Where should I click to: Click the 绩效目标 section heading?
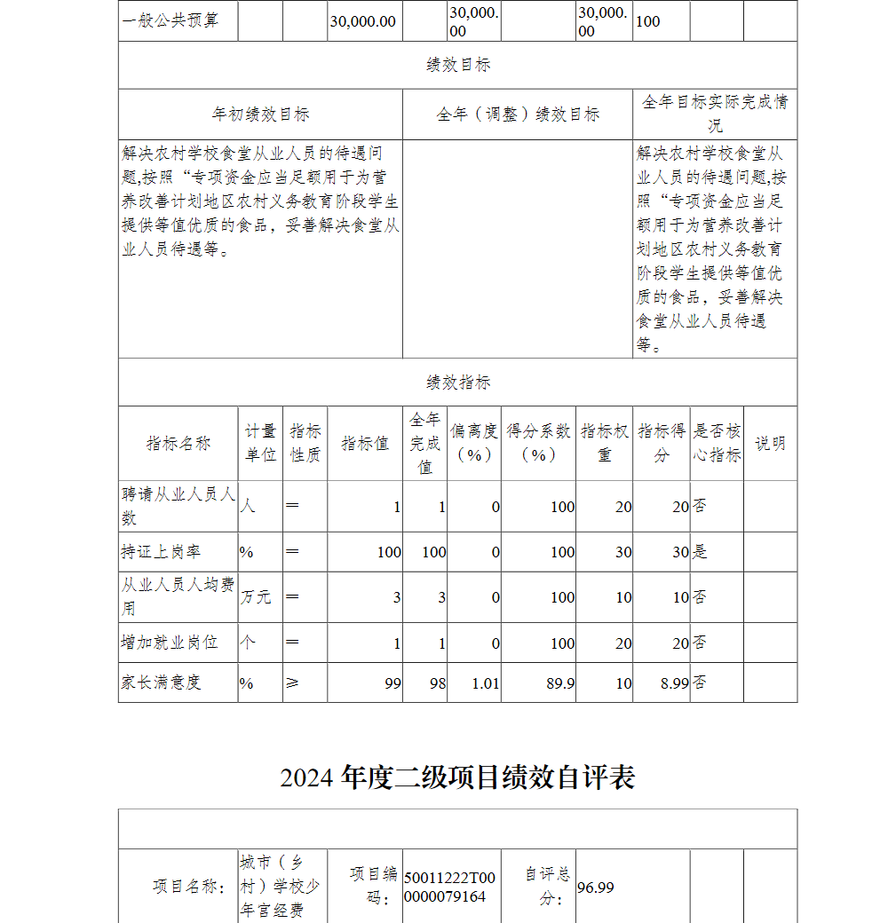click(x=457, y=65)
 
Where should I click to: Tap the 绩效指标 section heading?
click(x=457, y=383)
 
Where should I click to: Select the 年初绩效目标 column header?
click(x=260, y=114)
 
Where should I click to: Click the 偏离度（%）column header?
click(x=474, y=443)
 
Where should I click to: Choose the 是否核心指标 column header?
click(x=717, y=443)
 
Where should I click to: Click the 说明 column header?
click(x=770, y=444)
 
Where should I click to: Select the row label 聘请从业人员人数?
click(x=178, y=506)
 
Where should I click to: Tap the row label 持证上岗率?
click(x=161, y=552)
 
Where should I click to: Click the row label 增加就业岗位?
click(x=169, y=643)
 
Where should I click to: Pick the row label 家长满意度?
click(x=161, y=683)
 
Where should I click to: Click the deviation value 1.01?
click(x=486, y=683)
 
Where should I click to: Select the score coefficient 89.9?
click(x=562, y=683)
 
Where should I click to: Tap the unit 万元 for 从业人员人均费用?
click(x=257, y=597)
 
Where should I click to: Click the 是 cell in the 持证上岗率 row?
click(x=701, y=552)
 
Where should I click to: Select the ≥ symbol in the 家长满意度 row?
click(x=292, y=683)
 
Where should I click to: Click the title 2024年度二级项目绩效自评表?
click(x=457, y=777)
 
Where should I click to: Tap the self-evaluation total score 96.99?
click(x=596, y=887)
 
